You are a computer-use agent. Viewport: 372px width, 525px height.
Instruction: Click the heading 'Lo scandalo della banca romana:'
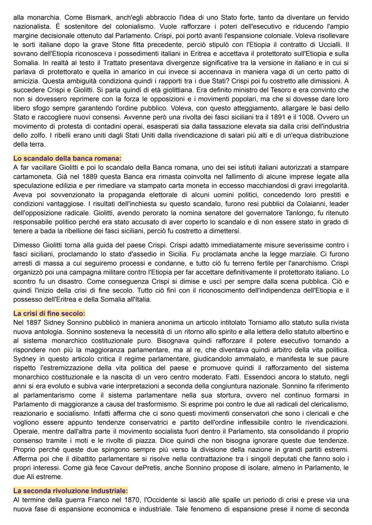67,158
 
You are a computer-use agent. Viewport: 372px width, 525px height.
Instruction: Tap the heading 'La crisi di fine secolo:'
49,313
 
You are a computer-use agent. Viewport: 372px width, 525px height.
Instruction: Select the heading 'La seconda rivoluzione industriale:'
71,491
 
